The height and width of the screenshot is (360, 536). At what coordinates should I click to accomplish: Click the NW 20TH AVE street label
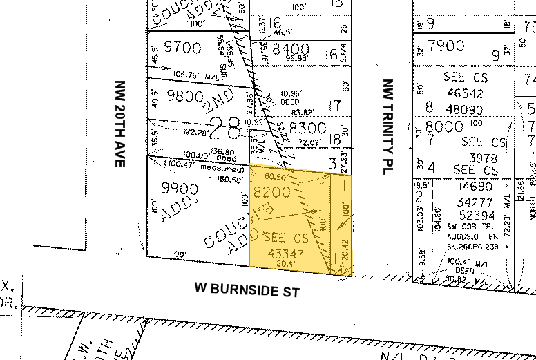119,123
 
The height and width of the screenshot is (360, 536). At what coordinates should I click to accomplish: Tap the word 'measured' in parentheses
222,169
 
